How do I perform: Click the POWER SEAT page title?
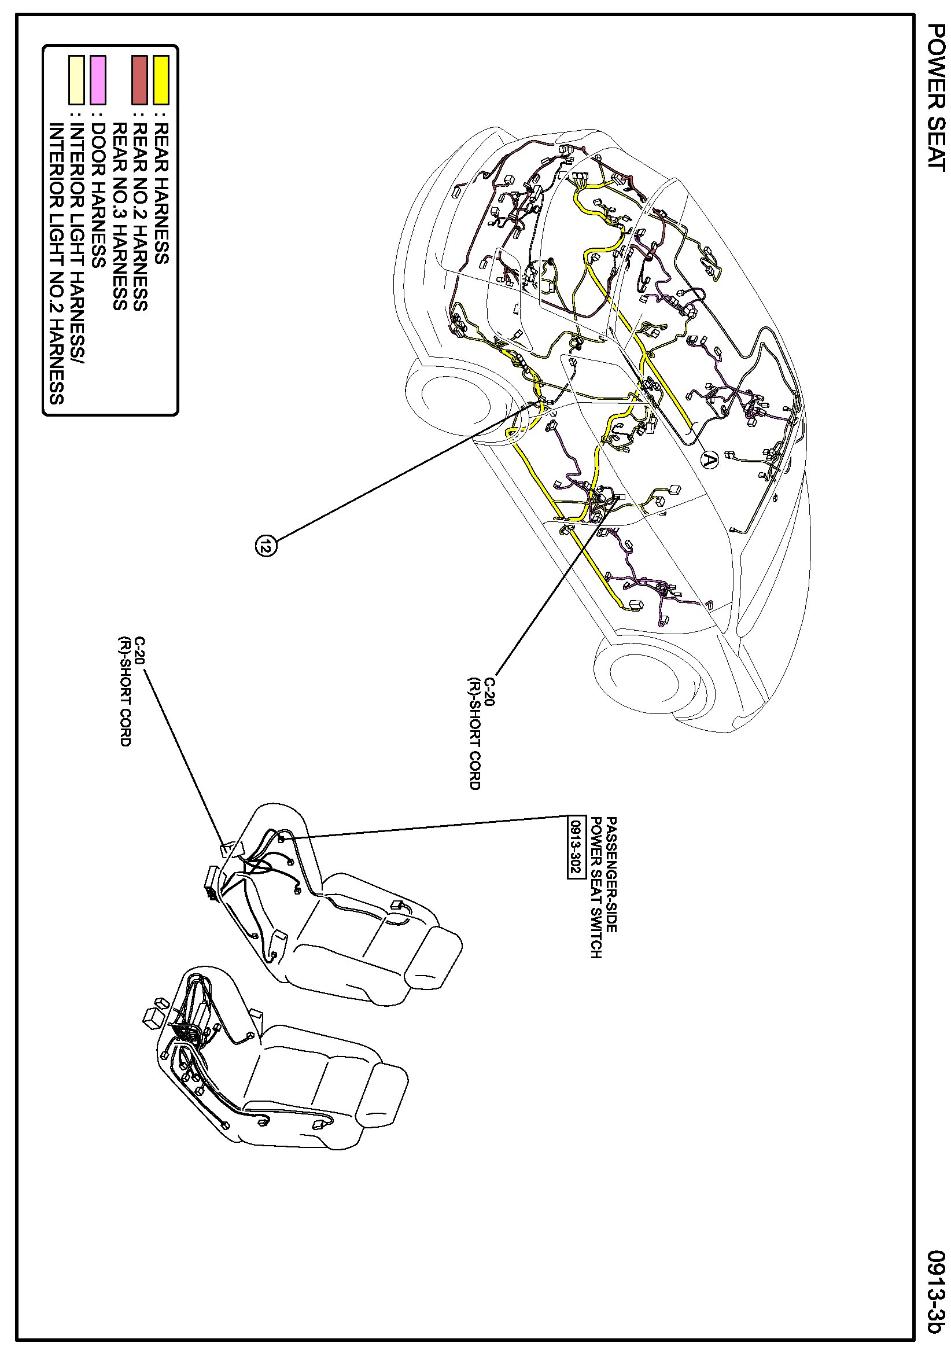936,97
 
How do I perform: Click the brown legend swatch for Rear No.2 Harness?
140,80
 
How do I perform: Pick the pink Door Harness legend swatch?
98,80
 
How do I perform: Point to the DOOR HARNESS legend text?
98,195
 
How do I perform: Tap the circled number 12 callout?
266,546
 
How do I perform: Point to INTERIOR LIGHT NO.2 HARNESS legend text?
56,263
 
